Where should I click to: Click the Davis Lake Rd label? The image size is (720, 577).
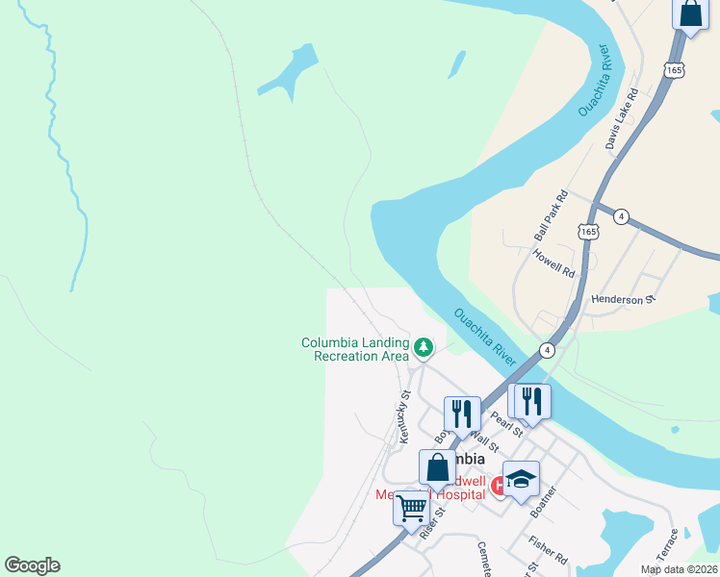coord(622,119)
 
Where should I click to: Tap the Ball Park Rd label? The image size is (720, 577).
coord(552,215)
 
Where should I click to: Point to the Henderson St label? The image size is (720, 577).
coord(623,299)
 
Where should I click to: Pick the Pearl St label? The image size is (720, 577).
coord(505,423)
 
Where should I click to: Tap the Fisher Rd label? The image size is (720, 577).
coord(547,551)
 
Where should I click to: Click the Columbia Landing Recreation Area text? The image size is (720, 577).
coord(355,349)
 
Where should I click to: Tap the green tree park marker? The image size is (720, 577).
coord(423,346)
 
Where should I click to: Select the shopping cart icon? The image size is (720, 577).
coord(411,506)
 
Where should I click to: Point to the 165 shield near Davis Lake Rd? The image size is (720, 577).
coord(673,70)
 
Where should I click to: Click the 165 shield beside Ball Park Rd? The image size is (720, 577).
coord(588,232)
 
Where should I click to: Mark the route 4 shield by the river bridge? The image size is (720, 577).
coord(547,349)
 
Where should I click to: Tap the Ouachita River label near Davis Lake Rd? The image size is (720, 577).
coord(595,81)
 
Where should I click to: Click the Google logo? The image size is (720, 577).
coord(32,565)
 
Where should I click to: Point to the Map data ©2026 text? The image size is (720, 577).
coord(678,569)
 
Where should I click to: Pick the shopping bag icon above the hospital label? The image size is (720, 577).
coord(437,467)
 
